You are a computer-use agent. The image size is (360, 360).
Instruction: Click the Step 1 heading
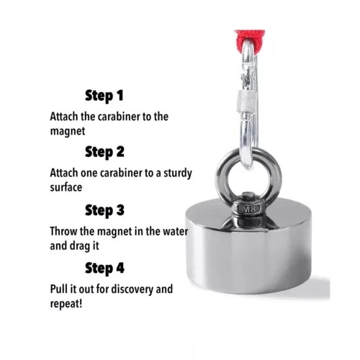point(104,96)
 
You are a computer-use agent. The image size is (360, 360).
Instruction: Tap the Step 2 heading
point(104,153)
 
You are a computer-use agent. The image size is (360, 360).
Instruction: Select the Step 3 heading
point(104,210)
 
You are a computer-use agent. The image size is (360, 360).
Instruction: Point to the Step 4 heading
point(104,268)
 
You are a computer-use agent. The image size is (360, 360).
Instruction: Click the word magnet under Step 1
point(68,132)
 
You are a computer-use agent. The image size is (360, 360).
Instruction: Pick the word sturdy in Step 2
point(178,174)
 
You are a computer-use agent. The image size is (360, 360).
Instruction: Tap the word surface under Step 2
point(66,188)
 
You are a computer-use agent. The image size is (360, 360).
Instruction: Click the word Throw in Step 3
point(63,231)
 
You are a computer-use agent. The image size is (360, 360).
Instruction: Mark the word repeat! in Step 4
point(66,305)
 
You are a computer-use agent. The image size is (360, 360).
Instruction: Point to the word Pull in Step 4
point(58,289)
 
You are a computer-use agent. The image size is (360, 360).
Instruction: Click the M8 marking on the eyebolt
point(249,210)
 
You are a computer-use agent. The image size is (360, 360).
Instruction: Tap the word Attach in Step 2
point(63,173)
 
